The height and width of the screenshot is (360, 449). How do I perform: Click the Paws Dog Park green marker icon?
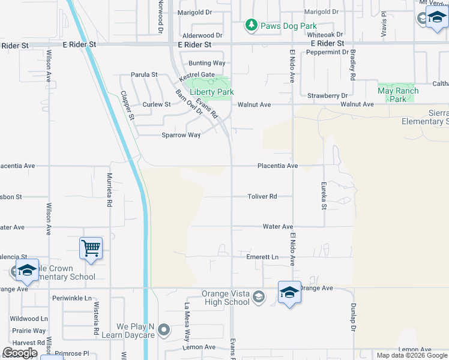252,25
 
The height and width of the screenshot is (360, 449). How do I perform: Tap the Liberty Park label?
211,92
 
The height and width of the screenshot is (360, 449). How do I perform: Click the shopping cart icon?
91,247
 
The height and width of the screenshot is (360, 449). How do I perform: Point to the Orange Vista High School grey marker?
258,297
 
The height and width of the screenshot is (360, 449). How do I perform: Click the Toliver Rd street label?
263,196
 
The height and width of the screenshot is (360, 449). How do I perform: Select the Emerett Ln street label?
263,257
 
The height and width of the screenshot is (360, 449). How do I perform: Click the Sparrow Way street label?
181,135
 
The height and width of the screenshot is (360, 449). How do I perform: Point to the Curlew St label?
157,104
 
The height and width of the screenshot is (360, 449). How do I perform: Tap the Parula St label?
145,75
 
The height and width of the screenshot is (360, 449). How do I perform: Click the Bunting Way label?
206,63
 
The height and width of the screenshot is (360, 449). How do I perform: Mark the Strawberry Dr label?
328,95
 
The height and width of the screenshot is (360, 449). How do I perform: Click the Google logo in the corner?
19,353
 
